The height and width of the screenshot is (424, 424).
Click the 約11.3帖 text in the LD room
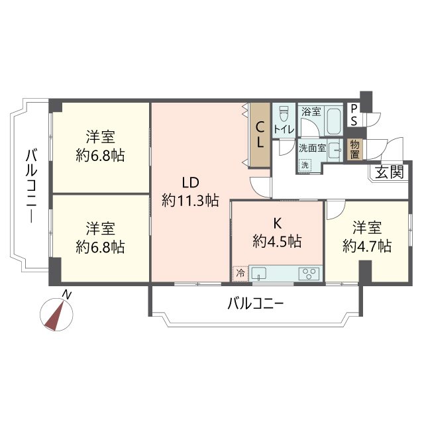click(190, 200)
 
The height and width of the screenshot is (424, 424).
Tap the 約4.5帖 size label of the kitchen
click(277, 242)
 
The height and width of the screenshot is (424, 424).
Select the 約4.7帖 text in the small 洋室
click(366, 246)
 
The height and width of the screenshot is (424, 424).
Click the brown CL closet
click(260, 134)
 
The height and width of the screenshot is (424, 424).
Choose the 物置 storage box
click(355, 149)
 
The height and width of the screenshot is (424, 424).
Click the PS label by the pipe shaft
click(354, 115)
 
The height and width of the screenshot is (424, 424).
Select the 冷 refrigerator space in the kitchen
click(240, 272)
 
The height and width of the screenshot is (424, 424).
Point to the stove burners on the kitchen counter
click(309, 272)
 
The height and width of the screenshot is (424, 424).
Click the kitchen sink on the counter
click(260, 272)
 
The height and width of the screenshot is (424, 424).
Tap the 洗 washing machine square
click(305, 164)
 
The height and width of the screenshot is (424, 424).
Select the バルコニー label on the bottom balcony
click(255, 304)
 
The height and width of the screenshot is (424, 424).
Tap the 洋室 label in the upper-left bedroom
click(100, 138)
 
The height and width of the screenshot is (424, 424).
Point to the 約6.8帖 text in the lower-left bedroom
click(100, 247)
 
